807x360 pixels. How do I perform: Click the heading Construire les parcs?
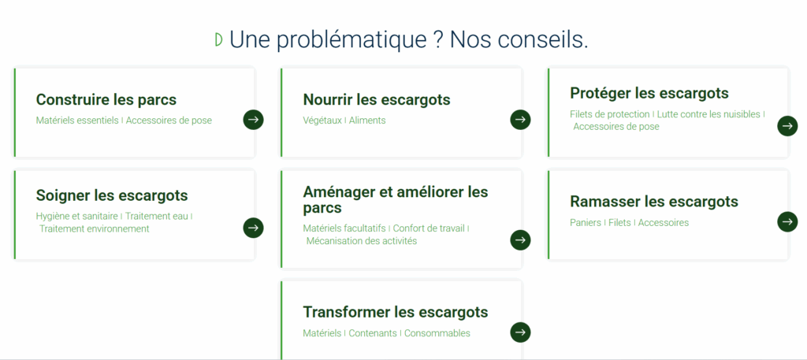pyautogui.click(x=106, y=99)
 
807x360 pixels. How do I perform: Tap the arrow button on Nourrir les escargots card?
pyautogui.click(x=520, y=120)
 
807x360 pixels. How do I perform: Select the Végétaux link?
pyautogui.click(x=322, y=121)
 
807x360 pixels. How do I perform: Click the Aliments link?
pyautogui.click(x=367, y=121)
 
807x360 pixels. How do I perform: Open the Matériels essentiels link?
pyautogui.click(x=77, y=121)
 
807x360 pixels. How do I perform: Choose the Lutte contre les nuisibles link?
pyautogui.click(x=708, y=114)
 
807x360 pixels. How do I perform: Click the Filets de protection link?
pyautogui.click(x=610, y=114)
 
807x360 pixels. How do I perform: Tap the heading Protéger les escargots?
pyautogui.click(x=649, y=93)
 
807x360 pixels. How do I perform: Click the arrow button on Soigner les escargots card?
pyautogui.click(x=253, y=228)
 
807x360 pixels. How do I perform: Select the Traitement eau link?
pyautogui.click(x=157, y=217)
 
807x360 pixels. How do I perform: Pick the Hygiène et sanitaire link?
pyautogui.click(x=77, y=217)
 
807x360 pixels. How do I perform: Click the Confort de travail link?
pyautogui.click(x=429, y=228)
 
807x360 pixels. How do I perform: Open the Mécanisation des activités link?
pyautogui.click(x=361, y=241)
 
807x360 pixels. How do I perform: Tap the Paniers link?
pyautogui.click(x=586, y=223)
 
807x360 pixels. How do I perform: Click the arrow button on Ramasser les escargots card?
pyautogui.click(x=787, y=221)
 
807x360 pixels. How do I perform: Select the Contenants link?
pyautogui.click(x=373, y=333)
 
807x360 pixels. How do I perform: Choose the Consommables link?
pyautogui.click(x=437, y=333)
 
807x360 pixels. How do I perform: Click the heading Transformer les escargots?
pyautogui.click(x=396, y=312)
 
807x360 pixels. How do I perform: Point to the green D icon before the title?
pyautogui.click(x=219, y=39)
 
